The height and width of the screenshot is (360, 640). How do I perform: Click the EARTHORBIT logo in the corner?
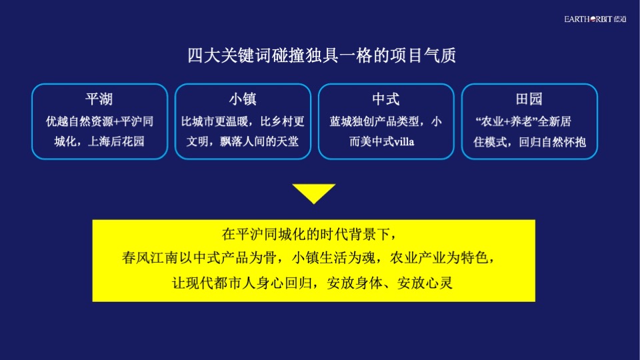click(x=595, y=19)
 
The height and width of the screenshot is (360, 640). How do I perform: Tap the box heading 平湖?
click(x=99, y=99)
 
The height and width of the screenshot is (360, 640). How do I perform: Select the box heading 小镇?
click(x=243, y=99)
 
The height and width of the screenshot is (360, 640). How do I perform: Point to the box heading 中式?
click(x=386, y=99)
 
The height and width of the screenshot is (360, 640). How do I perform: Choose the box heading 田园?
click(x=529, y=99)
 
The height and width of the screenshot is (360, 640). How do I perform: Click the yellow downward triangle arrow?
click(x=313, y=193)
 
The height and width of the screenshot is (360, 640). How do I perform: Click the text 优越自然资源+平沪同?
click(x=99, y=121)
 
